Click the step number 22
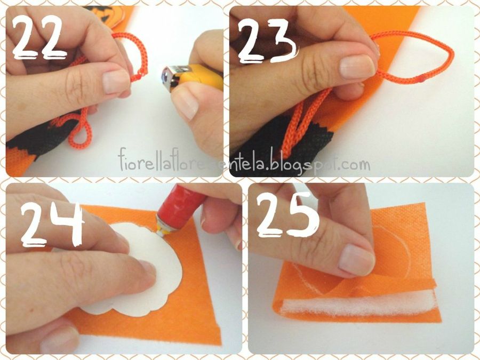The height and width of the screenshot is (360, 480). tap(39, 37)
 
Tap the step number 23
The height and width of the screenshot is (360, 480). tap(268, 41)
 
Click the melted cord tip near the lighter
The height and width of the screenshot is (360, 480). tap(142, 74)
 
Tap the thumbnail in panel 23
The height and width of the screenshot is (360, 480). tap(357, 67)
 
